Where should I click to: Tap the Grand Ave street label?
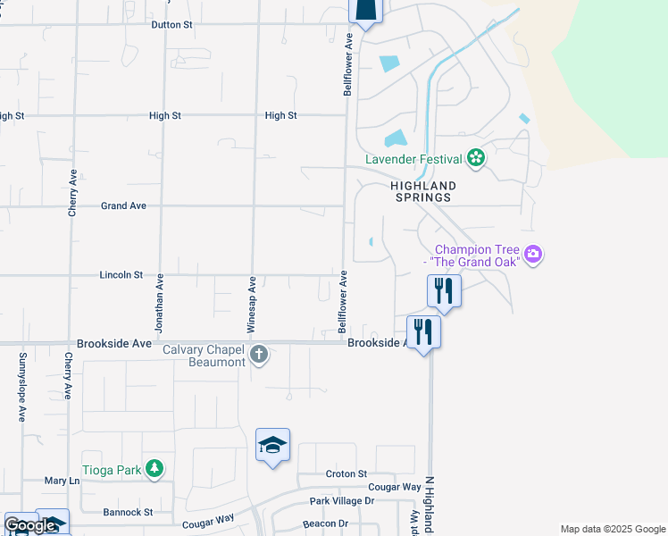[x=123, y=205]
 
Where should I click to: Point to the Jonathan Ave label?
[x=159, y=305]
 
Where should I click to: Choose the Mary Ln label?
[x=62, y=481]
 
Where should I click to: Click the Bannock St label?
[x=128, y=513]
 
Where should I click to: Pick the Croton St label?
[x=347, y=473]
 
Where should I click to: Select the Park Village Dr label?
[x=342, y=501]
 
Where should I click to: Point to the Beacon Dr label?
[x=325, y=523]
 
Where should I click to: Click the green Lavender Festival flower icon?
[x=476, y=159]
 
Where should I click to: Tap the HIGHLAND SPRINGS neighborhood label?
[x=423, y=192]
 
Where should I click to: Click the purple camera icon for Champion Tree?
[x=533, y=255]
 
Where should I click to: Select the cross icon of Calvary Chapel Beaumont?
[x=259, y=355]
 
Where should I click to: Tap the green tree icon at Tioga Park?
[x=155, y=467]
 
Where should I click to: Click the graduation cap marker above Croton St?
[x=272, y=444]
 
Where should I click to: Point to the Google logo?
[x=29, y=526]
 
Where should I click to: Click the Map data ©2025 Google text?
[x=612, y=529]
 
